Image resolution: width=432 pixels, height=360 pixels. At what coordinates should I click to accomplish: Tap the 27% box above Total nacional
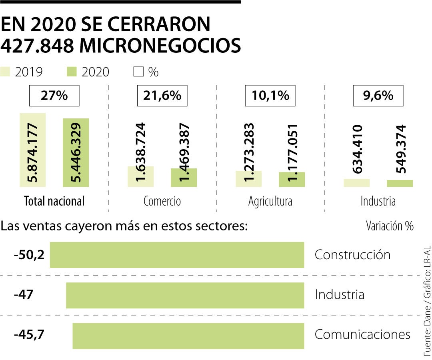click(x=54, y=96)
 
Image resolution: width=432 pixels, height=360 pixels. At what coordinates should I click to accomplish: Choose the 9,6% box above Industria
click(x=378, y=96)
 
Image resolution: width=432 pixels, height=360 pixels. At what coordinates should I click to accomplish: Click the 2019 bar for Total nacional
click(x=33, y=150)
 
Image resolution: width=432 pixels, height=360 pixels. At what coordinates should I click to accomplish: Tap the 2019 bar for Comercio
click(x=141, y=176)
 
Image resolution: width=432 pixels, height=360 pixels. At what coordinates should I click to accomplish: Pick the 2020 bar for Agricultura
click(x=292, y=180)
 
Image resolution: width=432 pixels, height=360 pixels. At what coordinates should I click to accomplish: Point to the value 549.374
click(x=400, y=149)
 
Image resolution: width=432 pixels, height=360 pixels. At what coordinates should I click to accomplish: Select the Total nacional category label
click(x=54, y=201)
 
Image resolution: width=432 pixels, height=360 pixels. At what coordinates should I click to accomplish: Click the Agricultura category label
click(x=270, y=201)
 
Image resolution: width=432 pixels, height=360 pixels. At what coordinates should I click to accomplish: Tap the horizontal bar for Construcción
click(x=177, y=255)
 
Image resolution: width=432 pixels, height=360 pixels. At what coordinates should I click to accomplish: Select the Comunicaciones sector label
click(x=362, y=334)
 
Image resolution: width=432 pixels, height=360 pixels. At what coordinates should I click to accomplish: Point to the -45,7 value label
click(x=28, y=334)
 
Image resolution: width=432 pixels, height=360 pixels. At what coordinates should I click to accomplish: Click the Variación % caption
click(x=389, y=226)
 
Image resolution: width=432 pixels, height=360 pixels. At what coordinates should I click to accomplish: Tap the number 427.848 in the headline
click(x=37, y=46)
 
